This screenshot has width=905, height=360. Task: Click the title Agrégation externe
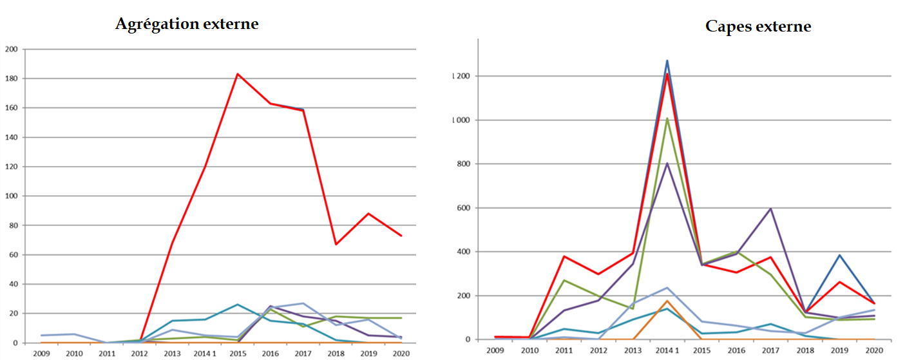click(187, 24)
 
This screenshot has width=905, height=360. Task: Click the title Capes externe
click(758, 26)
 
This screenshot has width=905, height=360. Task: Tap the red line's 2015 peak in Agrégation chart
click(237, 74)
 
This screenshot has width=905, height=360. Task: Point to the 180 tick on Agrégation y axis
click(12, 79)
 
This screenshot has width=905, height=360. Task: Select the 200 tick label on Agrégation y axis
click(12, 49)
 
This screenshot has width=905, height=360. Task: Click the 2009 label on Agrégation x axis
click(41, 353)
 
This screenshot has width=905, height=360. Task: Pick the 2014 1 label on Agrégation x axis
click(205, 353)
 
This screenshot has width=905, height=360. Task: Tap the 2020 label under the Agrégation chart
click(401, 353)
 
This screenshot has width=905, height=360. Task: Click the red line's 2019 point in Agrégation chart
click(368, 213)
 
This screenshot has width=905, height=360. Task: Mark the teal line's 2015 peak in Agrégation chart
click(237, 304)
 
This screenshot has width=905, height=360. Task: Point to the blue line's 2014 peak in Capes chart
click(667, 61)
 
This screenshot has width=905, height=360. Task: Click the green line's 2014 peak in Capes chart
click(667, 118)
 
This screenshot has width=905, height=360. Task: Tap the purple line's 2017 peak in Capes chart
click(770, 209)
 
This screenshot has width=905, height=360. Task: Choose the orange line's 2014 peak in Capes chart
click(667, 301)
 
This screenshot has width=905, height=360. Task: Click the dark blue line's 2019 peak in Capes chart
click(841, 255)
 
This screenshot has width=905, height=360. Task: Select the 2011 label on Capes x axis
click(564, 350)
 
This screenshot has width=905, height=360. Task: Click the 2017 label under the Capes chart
click(770, 350)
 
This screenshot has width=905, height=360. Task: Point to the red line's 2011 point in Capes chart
click(564, 256)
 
